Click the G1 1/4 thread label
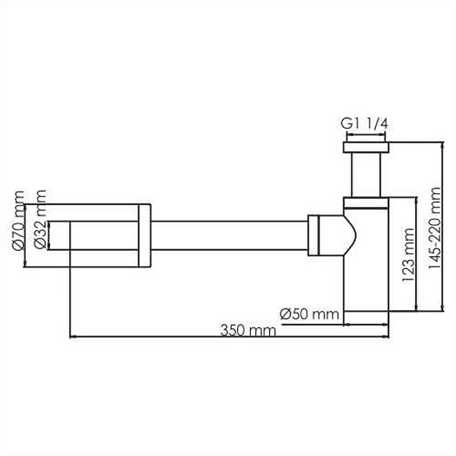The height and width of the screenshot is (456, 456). [364, 125]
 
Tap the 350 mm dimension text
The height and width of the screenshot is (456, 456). [248, 331]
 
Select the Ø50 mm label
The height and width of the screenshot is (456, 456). [309, 315]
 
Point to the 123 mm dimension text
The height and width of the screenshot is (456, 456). [407, 255]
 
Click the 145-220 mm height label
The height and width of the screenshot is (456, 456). [435, 228]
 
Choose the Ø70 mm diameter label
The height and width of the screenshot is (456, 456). [18, 220]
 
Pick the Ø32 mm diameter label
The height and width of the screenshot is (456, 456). [40, 220]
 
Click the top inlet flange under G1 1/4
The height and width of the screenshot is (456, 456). [366, 147]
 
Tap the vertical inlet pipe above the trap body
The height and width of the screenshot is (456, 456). [366, 175]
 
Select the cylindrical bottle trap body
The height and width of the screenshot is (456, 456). [366, 254]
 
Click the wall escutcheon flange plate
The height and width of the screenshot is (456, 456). [144, 236]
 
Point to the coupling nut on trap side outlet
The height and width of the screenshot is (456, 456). [313, 236]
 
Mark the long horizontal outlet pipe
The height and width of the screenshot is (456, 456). [230, 236]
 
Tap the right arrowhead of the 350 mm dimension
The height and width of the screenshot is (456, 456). [386, 337]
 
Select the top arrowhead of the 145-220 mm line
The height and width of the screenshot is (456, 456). [442, 144]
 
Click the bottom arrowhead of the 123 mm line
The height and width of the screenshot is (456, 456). [417, 309]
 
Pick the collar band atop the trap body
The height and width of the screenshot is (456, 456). [366, 203]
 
